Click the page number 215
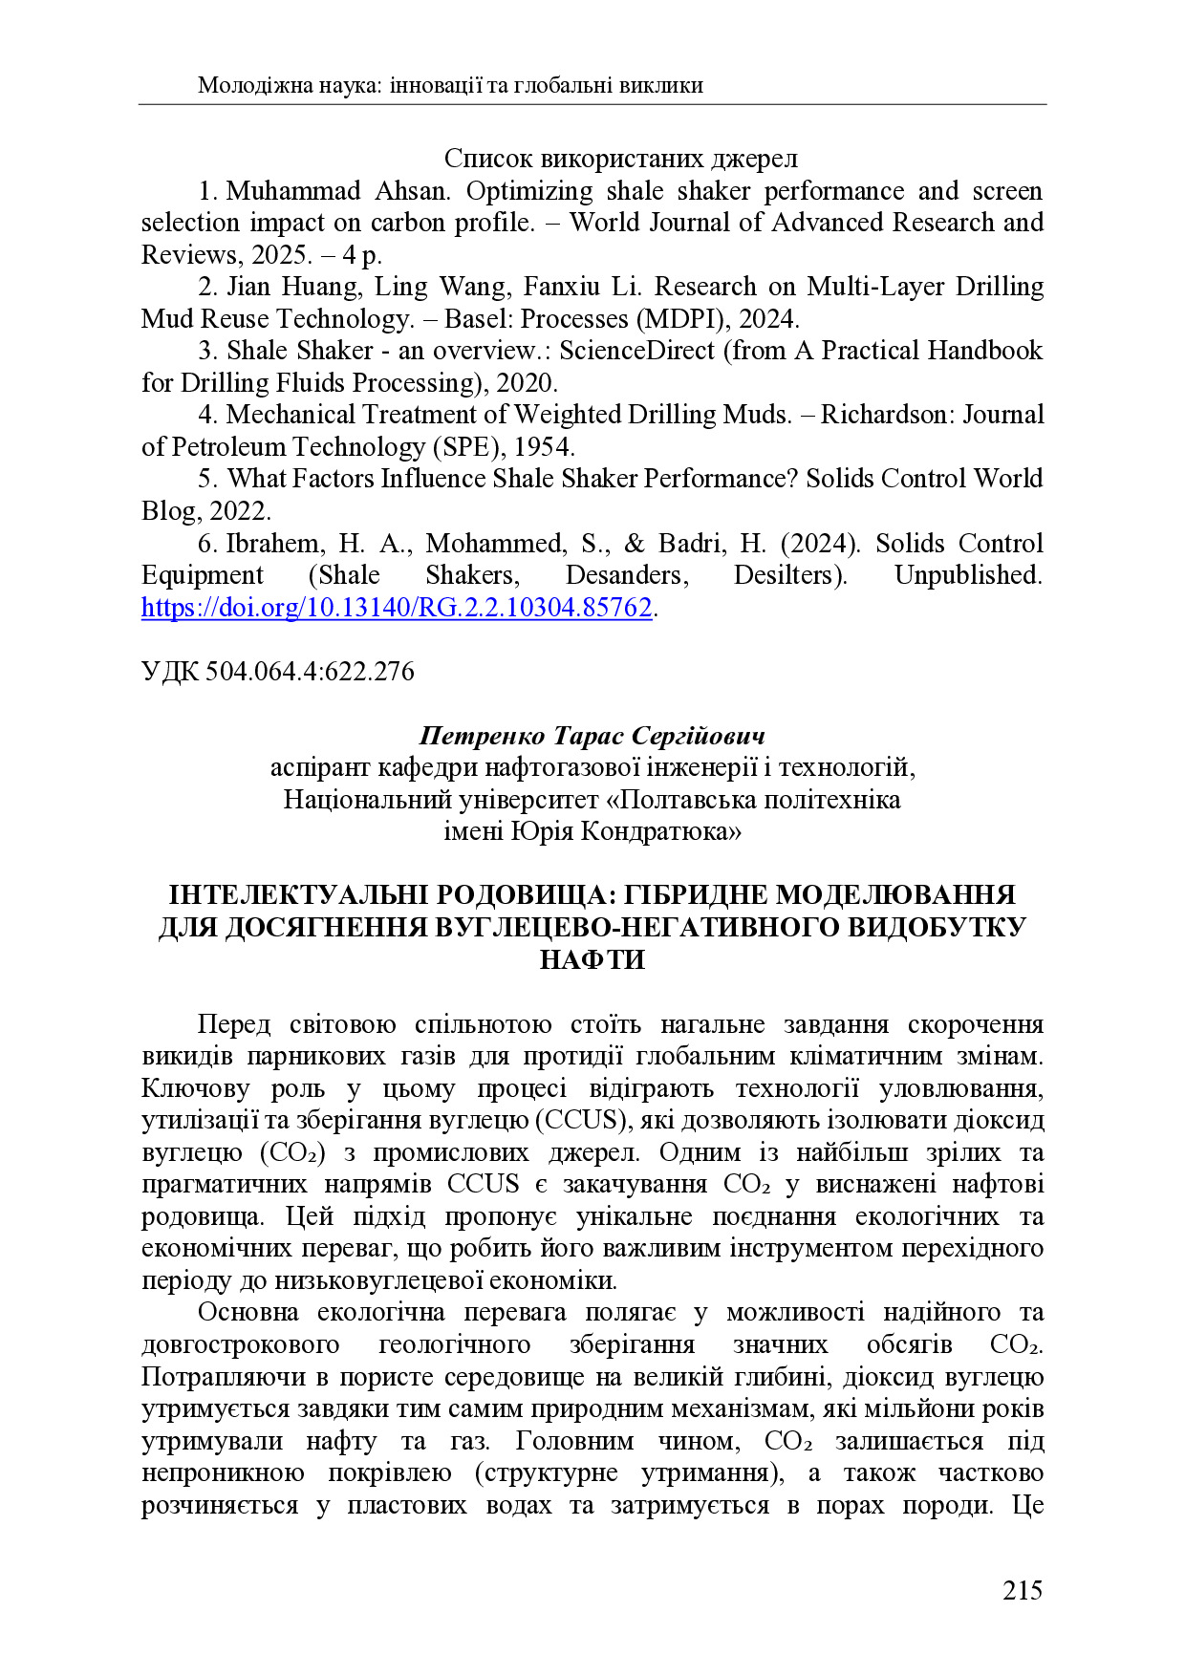pos(1022,1590)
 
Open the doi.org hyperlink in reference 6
pos(396,608)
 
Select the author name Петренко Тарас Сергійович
pos(592,736)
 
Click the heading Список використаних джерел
pos(620,159)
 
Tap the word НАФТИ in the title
pos(592,959)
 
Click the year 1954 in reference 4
pos(543,447)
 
